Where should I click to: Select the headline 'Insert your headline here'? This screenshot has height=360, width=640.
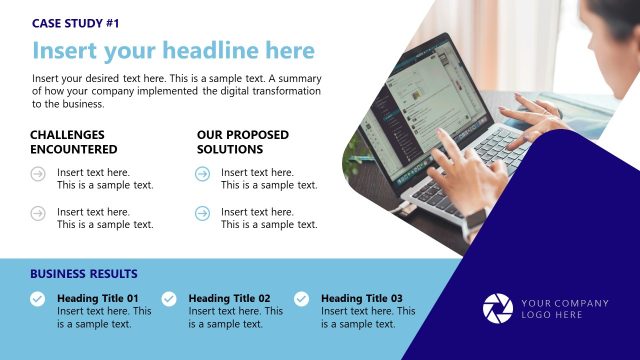173,51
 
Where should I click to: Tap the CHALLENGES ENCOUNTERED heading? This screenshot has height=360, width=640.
73,142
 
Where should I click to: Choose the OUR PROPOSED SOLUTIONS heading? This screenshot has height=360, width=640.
243,142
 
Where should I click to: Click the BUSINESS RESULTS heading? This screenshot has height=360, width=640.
84,274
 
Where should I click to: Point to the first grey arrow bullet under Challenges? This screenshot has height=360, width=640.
38,174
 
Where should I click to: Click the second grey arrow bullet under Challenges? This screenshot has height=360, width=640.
38,213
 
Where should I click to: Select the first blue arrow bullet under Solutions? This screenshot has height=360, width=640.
202,174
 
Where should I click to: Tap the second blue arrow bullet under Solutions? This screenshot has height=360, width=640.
202,213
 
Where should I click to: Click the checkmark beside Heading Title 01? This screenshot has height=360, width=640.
37,298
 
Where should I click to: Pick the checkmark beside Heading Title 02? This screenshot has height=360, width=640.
169,298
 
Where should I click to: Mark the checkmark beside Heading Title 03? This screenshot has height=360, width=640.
301,298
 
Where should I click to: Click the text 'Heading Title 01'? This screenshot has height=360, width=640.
98,298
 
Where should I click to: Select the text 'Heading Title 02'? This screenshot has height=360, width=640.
229,298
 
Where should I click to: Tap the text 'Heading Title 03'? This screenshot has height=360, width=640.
362,298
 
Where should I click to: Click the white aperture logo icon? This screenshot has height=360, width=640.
497,308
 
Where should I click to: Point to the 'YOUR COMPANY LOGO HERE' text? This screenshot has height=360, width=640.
565,309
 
